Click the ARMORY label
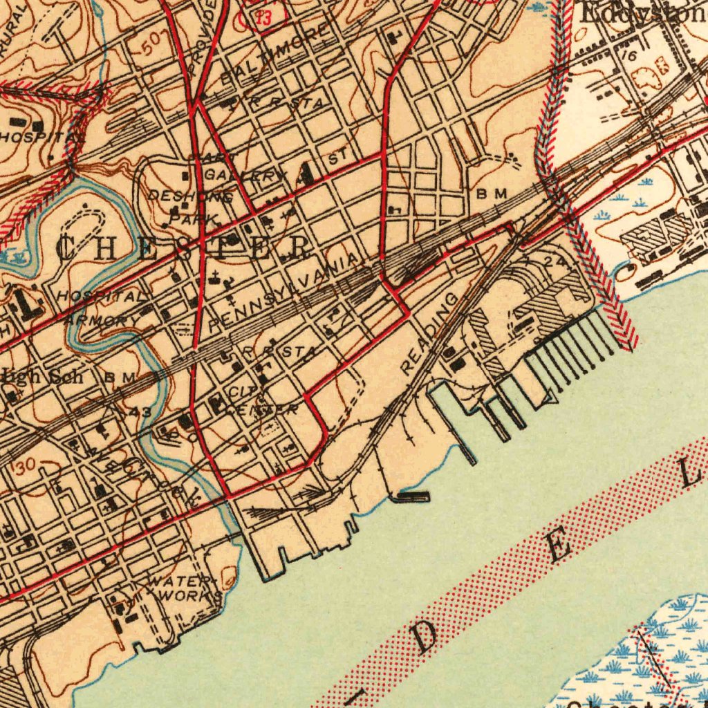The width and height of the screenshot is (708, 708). click(96, 321)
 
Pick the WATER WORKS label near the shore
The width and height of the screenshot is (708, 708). click(184, 588)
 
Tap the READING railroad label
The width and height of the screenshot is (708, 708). click(429, 334)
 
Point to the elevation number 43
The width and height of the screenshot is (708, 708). click(140, 412)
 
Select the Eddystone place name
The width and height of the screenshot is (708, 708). click(643, 12)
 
